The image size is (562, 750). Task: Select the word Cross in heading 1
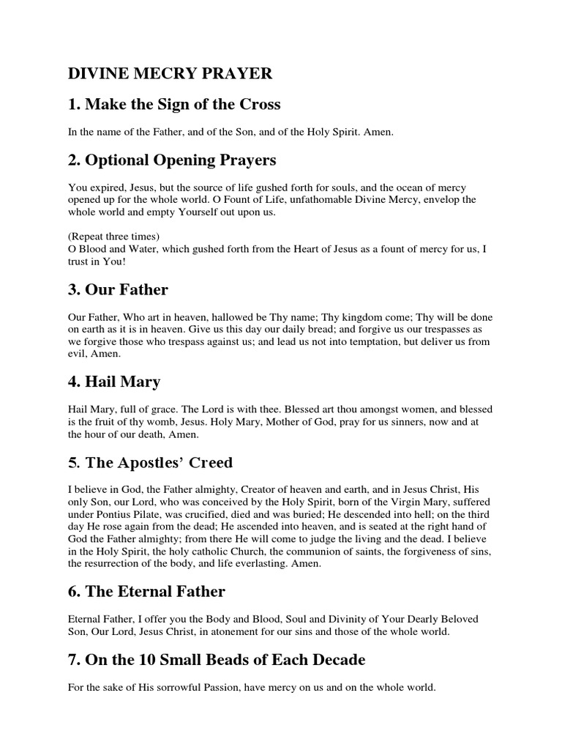[x=260, y=104]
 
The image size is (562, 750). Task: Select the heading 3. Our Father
[x=118, y=289]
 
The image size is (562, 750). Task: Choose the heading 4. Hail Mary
[x=114, y=382]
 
